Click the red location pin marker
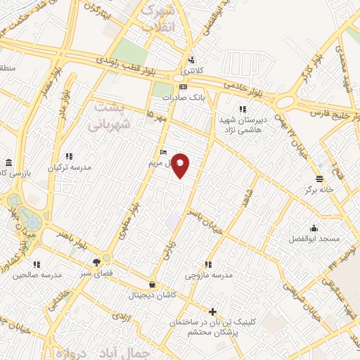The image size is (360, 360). [x=181, y=165]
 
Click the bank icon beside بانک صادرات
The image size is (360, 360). [x=183, y=87]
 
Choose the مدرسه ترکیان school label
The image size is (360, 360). [x=70, y=168]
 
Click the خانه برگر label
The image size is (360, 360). [x=319, y=189]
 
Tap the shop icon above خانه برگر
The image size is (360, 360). [x=320, y=178]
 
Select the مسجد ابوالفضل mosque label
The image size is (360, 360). [x=314, y=239]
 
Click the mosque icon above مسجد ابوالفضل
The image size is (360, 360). [x=314, y=228]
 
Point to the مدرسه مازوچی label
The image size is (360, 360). [x=207, y=275]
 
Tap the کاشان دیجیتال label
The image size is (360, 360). [x=153, y=295]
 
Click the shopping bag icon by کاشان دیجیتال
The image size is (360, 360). [x=153, y=284]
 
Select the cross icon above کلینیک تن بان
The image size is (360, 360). [x=213, y=311]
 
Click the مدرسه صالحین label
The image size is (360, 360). [x=32, y=274]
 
